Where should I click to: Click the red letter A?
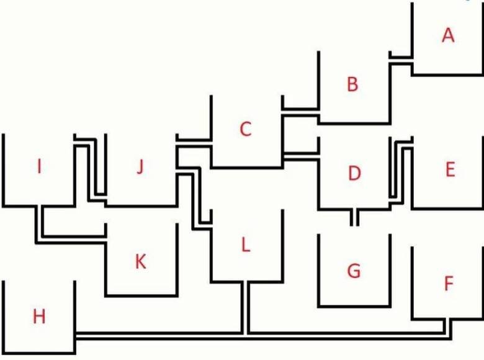coord(448,35)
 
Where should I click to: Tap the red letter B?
coord(352,84)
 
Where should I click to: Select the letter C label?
coord(246,129)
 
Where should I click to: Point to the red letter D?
coord(354,173)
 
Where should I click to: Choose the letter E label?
coord(450,169)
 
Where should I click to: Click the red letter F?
coord(449,283)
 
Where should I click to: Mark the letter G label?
coord(354,271)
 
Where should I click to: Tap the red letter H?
coord(39,317)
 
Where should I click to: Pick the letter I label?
coord(39,166)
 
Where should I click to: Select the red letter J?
coord(140,167)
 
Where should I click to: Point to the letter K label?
coord(141,262)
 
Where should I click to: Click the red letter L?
coord(245,245)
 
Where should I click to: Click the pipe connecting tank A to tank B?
coord(401,60)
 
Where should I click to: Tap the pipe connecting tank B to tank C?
coord(300,112)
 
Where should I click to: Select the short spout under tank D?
coord(354,218)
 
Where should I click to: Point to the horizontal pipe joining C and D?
coord(301,156)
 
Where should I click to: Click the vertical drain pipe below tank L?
coord(245,308)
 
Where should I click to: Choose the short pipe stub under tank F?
coord(448,326)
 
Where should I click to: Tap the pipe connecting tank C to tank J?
coord(194,143)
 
